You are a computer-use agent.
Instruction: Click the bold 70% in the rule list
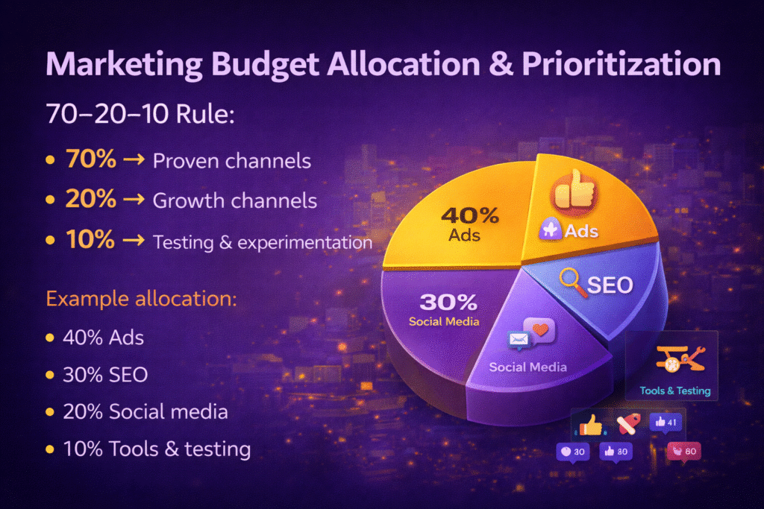coord(90,160)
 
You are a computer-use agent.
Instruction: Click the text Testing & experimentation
coord(262,242)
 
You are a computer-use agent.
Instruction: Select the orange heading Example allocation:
coord(141,300)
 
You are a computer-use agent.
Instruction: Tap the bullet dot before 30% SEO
coord(50,375)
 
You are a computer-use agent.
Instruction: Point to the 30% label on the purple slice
coord(448,302)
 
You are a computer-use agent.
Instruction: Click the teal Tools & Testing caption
coord(674,391)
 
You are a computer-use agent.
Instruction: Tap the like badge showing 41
coord(666,423)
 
